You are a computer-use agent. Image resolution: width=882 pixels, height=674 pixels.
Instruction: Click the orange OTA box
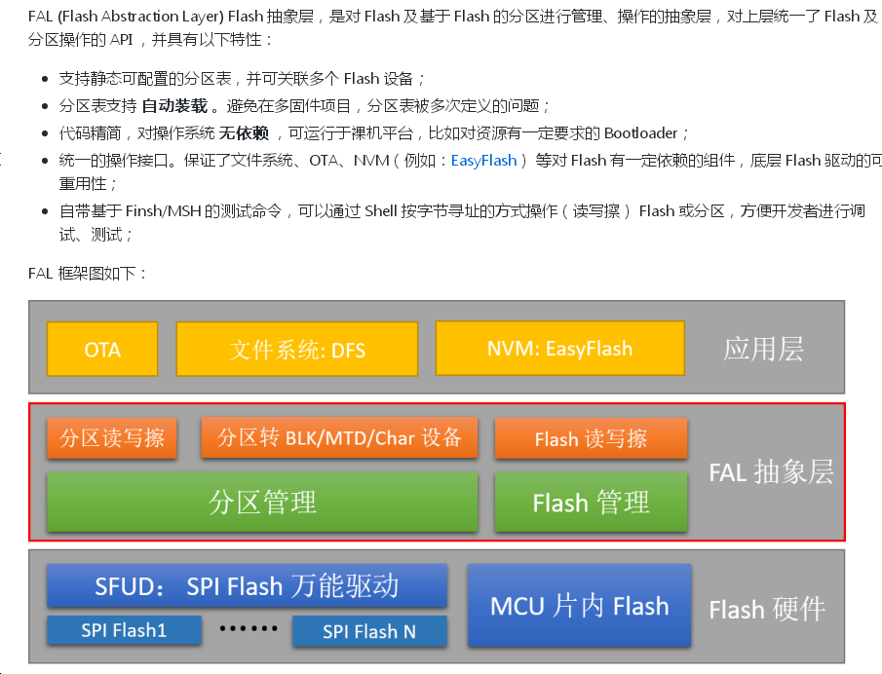click(x=102, y=350)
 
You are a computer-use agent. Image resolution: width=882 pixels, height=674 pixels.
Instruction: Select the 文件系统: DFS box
click(x=297, y=350)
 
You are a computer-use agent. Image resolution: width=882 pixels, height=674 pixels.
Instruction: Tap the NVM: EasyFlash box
click(x=559, y=349)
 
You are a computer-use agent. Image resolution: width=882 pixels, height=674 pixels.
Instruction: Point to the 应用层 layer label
click(x=763, y=350)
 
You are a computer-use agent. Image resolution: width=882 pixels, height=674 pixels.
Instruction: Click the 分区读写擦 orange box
click(x=112, y=438)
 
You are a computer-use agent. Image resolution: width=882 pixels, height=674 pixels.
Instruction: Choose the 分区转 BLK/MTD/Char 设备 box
click(x=339, y=437)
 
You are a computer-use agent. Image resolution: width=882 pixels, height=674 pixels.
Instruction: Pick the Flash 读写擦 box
click(x=591, y=439)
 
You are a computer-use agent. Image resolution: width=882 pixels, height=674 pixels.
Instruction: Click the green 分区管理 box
click(x=262, y=502)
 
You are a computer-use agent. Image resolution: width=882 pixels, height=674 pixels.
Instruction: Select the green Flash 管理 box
click(x=591, y=503)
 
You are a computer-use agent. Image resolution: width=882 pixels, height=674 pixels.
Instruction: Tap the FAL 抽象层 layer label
click(x=770, y=472)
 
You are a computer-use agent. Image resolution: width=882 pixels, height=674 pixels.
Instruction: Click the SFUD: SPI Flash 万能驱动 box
click(x=247, y=585)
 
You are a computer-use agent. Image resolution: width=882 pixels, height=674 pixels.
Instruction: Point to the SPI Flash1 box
click(x=124, y=630)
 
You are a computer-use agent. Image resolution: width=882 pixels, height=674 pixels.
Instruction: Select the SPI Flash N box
click(x=369, y=631)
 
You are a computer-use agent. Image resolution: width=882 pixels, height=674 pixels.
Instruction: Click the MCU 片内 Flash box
click(x=579, y=606)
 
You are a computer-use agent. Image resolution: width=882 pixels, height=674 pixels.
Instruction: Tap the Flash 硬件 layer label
click(x=766, y=611)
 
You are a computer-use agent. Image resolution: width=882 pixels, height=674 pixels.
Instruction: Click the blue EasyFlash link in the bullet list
click(x=483, y=160)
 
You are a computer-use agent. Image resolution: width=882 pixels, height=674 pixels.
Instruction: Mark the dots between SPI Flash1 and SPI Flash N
click(x=248, y=629)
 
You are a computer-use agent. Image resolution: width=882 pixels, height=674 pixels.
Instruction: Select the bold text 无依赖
click(x=243, y=132)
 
